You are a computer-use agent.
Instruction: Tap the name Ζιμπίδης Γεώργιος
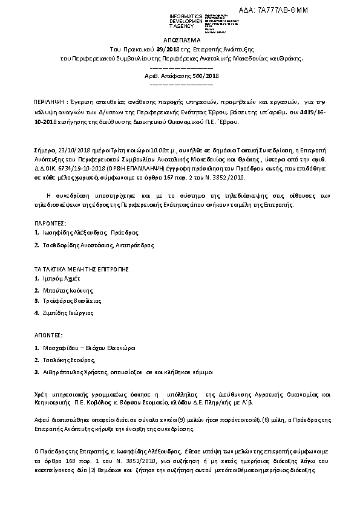point(67,313)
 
